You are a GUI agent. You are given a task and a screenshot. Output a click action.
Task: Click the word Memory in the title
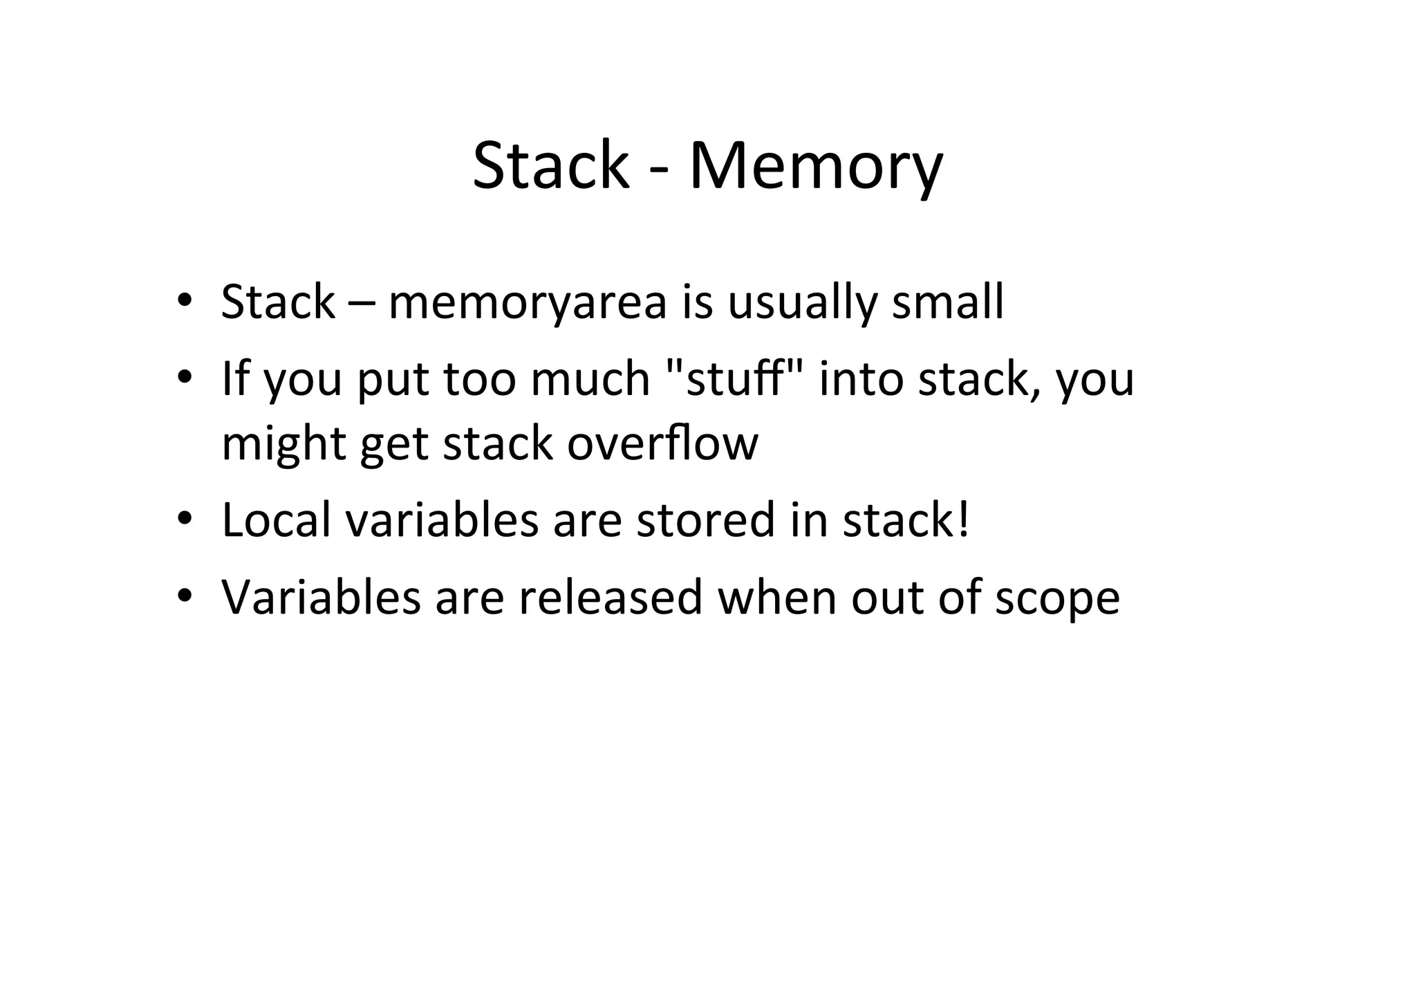(816, 167)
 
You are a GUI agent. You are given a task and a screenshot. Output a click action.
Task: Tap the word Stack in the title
(550, 167)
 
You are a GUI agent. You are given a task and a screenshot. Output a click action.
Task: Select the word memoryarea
(528, 303)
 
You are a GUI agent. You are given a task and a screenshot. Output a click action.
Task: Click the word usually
(801, 303)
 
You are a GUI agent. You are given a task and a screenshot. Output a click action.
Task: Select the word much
(590, 379)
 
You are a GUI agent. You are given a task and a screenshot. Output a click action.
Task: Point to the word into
(861, 379)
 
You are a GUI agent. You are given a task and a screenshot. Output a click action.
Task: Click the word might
(283, 444)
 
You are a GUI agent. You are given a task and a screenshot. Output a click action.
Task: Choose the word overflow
(662, 443)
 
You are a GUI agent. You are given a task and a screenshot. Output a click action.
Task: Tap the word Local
(276, 520)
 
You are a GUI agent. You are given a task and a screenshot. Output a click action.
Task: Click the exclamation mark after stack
(964, 520)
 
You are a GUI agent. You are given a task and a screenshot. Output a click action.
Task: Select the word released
(611, 597)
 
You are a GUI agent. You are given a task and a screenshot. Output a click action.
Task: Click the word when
(776, 597)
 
